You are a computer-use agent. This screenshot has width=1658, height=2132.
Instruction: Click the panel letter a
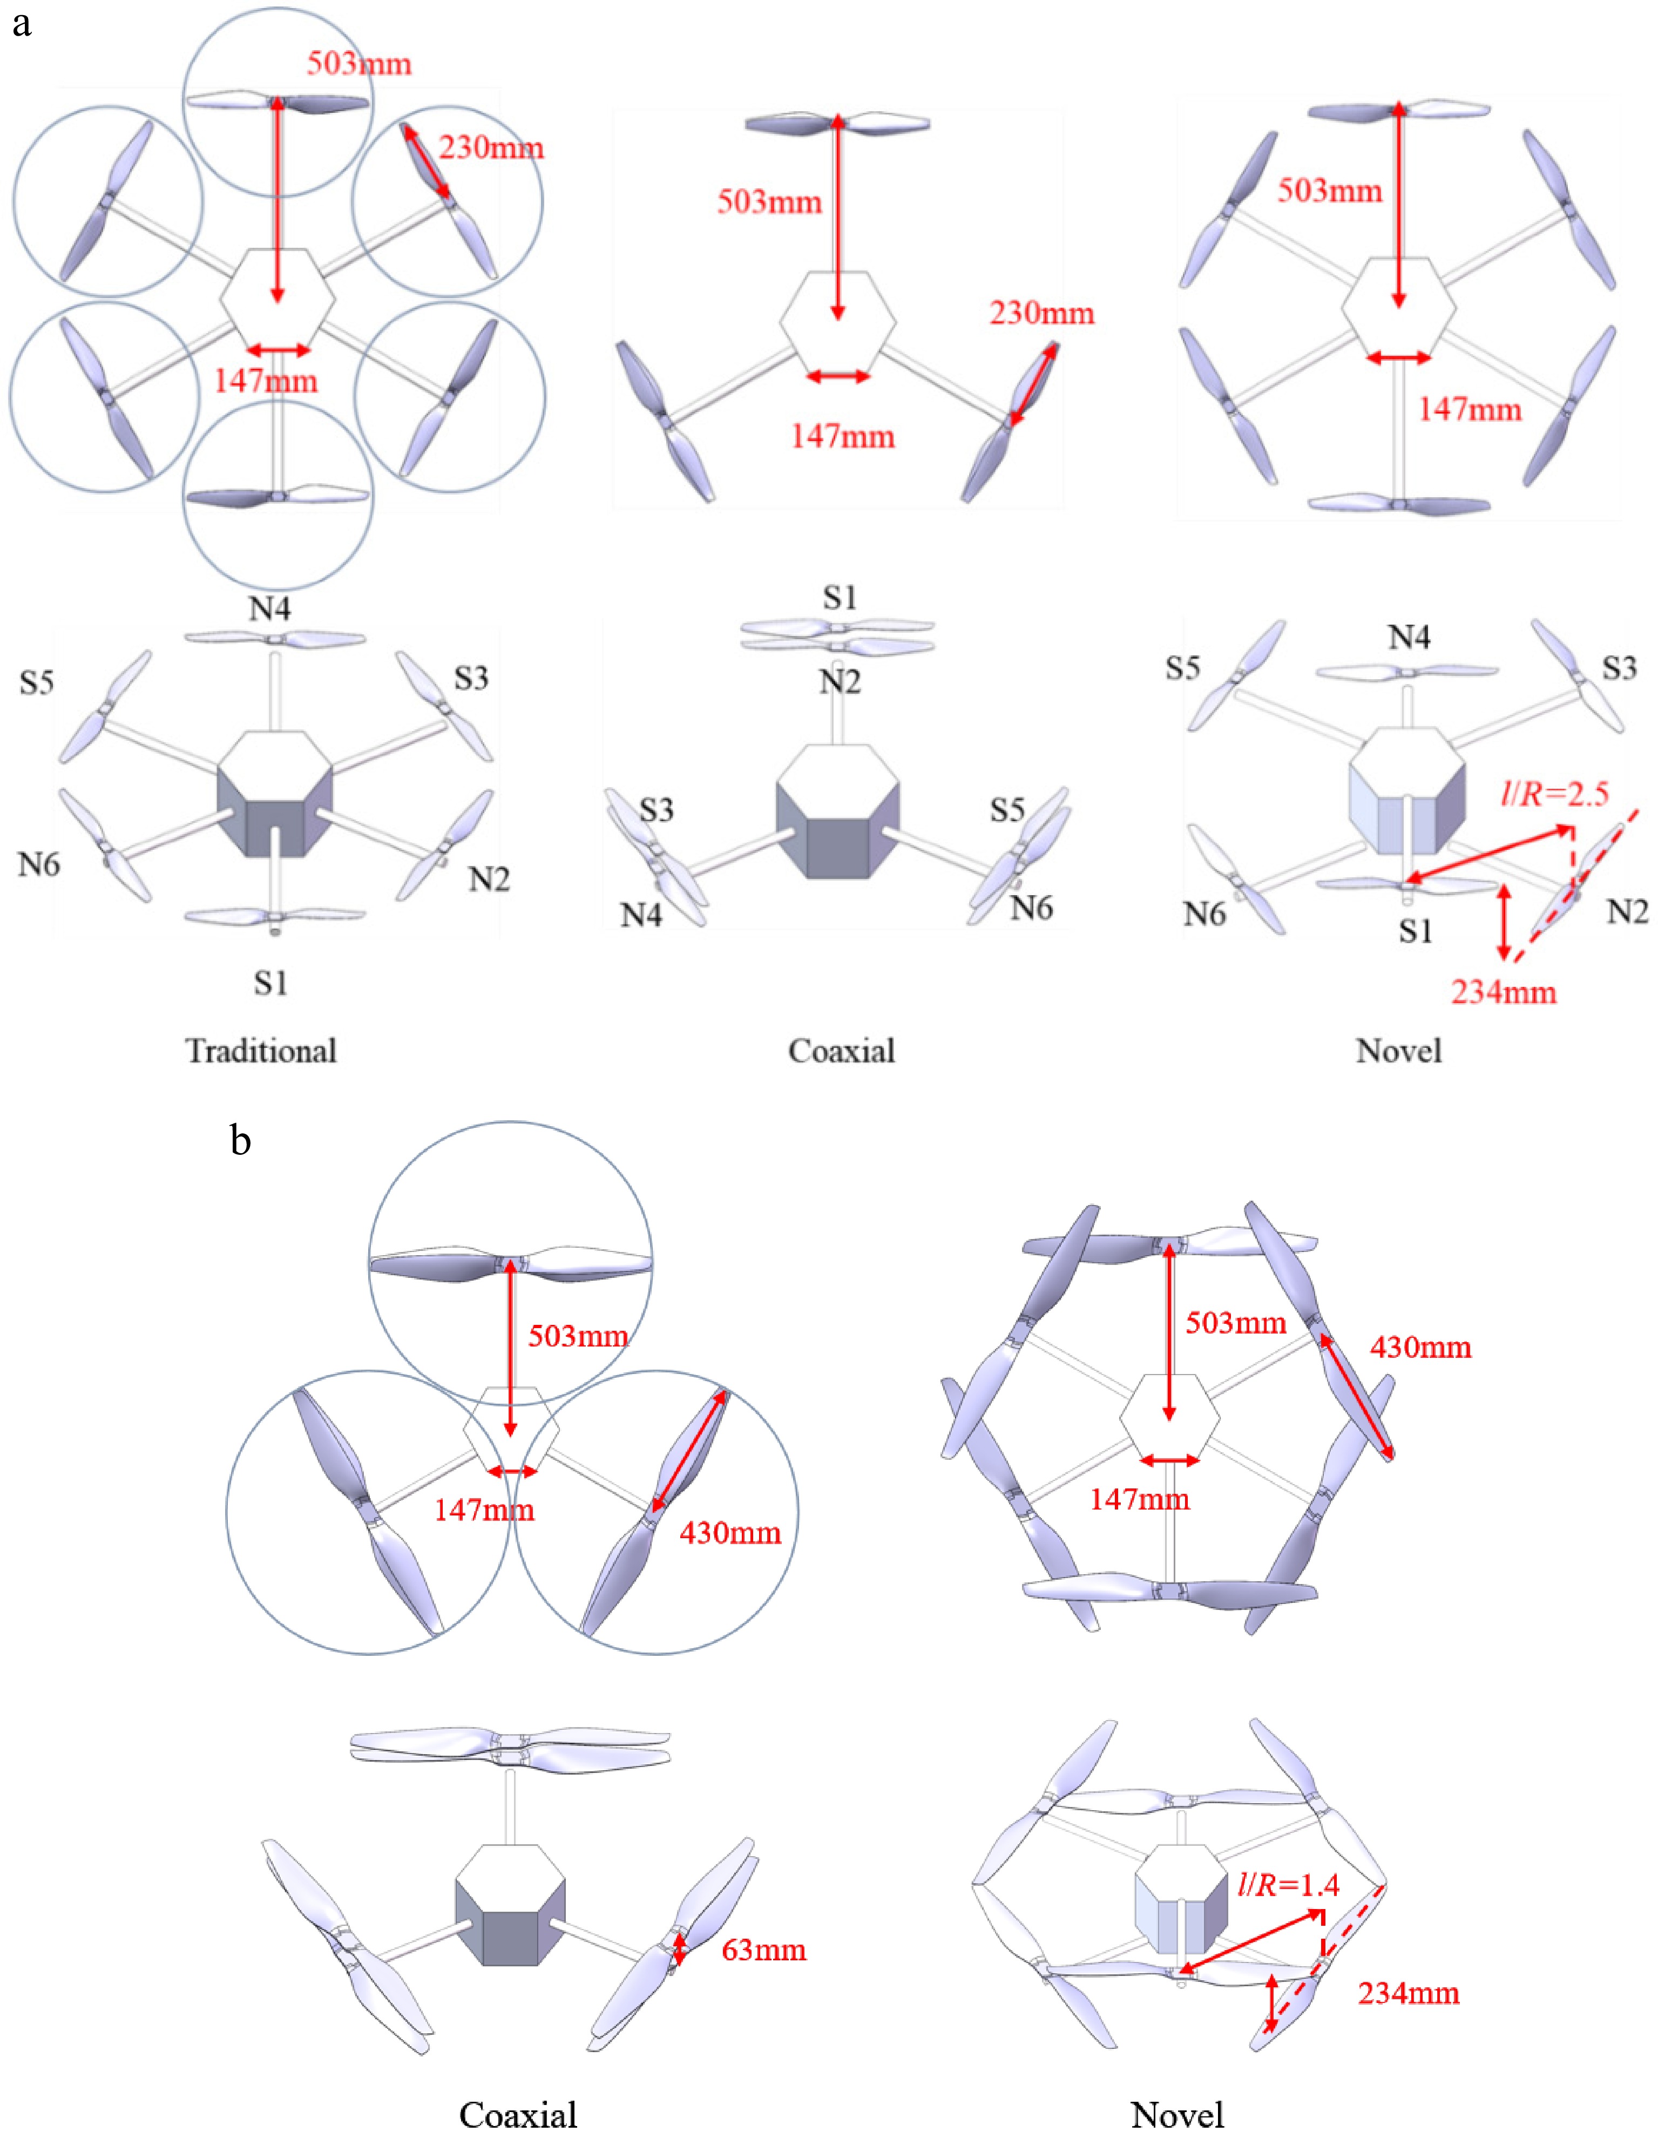pos(22,23)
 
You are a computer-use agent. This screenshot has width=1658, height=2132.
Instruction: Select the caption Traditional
pos(261,1051)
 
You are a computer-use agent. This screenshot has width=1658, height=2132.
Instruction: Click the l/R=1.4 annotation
pos(1289,1885)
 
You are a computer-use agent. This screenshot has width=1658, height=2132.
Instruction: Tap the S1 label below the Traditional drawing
pos(270,983)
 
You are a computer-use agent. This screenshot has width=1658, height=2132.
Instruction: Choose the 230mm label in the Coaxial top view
pos(1042,313)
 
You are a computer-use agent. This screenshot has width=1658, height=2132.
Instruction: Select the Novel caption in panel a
pos(1398,1051)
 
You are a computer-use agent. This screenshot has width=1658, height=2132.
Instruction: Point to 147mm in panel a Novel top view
pos(1470,409)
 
